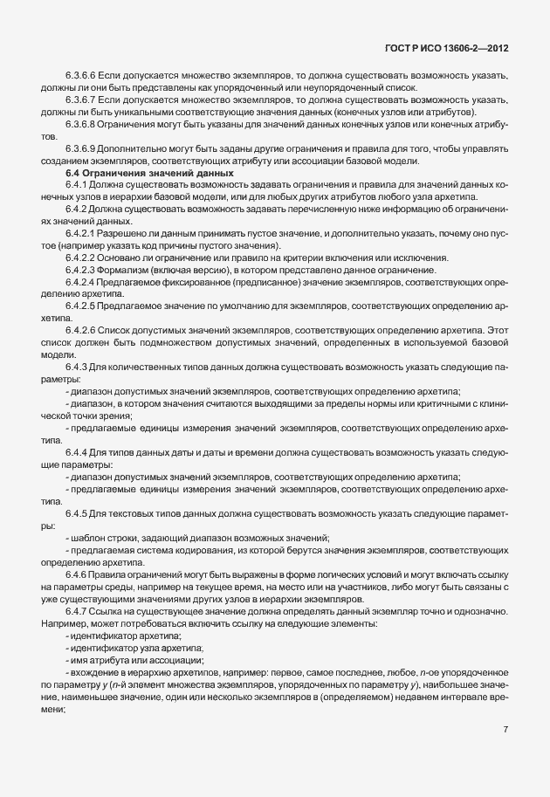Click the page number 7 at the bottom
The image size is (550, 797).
point(506,729)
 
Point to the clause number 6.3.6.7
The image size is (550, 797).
point(81,101)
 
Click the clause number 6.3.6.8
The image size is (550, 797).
point(81,124)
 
